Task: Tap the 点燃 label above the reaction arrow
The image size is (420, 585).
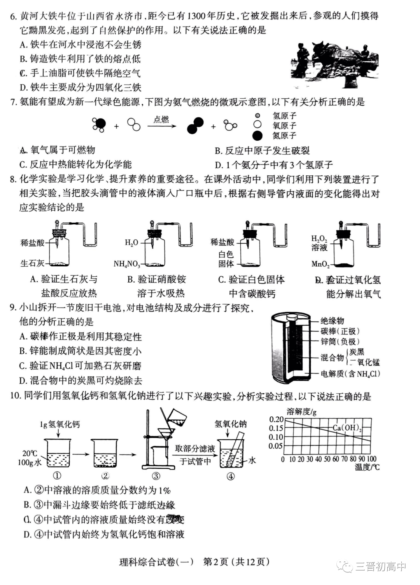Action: tap(161, 119)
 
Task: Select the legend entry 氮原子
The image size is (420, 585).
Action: tap(284, 136)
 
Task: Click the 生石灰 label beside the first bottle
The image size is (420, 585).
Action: tap(32, 264)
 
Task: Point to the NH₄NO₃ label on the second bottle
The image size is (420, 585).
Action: tap(126, 264)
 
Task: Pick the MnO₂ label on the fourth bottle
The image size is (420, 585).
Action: tap(320, 264)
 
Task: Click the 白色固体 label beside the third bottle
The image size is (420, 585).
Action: tap(226, 259)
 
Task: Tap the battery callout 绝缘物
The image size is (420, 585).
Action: tap(332, 321)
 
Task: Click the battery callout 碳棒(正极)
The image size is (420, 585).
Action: tap(340, 331)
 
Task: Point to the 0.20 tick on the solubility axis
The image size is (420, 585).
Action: tap(276, 419)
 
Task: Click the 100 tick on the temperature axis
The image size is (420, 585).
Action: tap(371, 459)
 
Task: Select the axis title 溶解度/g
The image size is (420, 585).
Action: tap(301, 412)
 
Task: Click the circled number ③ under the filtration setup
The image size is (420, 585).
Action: tap(156, 476)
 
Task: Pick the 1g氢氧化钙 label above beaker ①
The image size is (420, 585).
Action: tap(60, 424)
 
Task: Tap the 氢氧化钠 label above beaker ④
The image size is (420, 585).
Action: tap(231, 424)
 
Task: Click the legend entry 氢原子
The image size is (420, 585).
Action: tap(284, 116)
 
